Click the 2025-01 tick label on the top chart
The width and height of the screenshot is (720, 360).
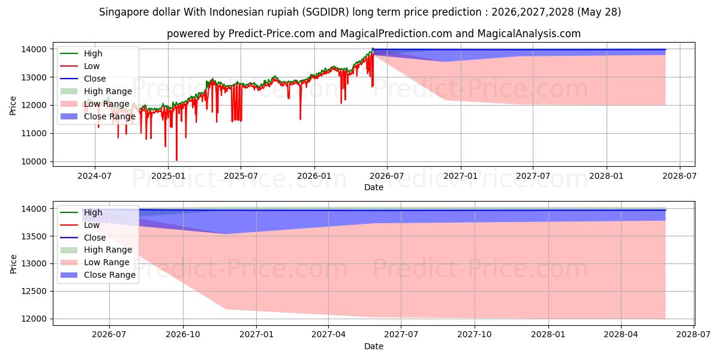pyautogui.click(x=168, y=176)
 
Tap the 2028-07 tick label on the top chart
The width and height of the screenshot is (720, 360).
pyautogui.click(x=680, y=176)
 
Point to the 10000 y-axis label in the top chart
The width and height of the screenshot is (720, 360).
pyautogui.click(x=34, y=161)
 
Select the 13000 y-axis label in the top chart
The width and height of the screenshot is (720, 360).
pyautogui.click(x=34, y=77)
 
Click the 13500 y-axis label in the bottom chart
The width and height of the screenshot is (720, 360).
pyautogui.click(x=34, y=236)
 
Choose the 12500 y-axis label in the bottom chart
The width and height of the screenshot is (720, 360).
pyautogui.click(x=34, y=291)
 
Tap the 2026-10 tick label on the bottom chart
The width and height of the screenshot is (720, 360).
pyautogui.click(x=183, y=335)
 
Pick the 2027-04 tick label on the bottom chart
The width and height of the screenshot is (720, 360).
pyautogui.click(x=329, y=335)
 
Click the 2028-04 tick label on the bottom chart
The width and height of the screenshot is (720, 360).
pyautogui.click(x=621, y=335)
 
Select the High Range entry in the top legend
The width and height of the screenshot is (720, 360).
pyautogui.click(x=108, y=91)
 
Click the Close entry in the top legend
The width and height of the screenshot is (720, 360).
pyautogui.click(x=95, y=79)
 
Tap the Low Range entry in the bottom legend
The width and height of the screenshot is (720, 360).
pyautogui.click(x=107, y=262)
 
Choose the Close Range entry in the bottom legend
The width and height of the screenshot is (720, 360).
pyautogui.click(x=110, y=275)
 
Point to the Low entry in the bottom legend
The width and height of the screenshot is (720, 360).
pyautogui.click(x=92, y=225)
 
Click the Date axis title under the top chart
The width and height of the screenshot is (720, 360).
pyautogui.click(x=374, y=187)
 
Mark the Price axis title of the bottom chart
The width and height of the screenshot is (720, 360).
pyautogui.click(x=13, y=264)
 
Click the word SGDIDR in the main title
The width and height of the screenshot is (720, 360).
pyautogui.click(x=325, y=12)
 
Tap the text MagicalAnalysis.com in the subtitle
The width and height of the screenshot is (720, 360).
pyautogui.click(x=529, y=34)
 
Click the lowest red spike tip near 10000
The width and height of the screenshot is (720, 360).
pyautogui.click(x=176, y=160)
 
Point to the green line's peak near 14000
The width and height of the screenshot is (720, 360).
pyautogui.click(x=373, y=48)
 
